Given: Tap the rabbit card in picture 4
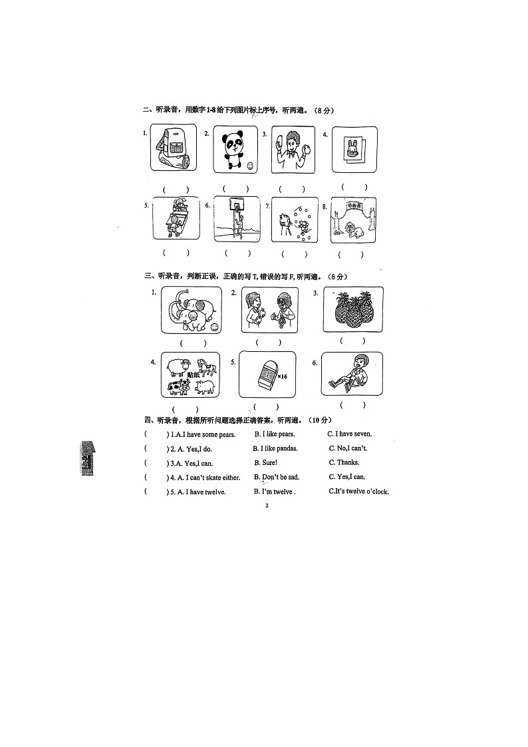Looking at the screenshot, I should click(353, 148).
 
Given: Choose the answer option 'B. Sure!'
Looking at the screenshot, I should click(265, 462).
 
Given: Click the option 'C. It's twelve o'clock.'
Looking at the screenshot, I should click(359, 492).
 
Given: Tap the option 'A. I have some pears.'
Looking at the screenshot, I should click(194, 434).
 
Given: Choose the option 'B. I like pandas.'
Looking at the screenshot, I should click(275, 448).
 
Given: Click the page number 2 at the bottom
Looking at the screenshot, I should click(266, 506).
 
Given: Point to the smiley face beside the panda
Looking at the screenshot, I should click(249, 164).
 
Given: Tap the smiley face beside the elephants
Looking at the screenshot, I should click(214, 327).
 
